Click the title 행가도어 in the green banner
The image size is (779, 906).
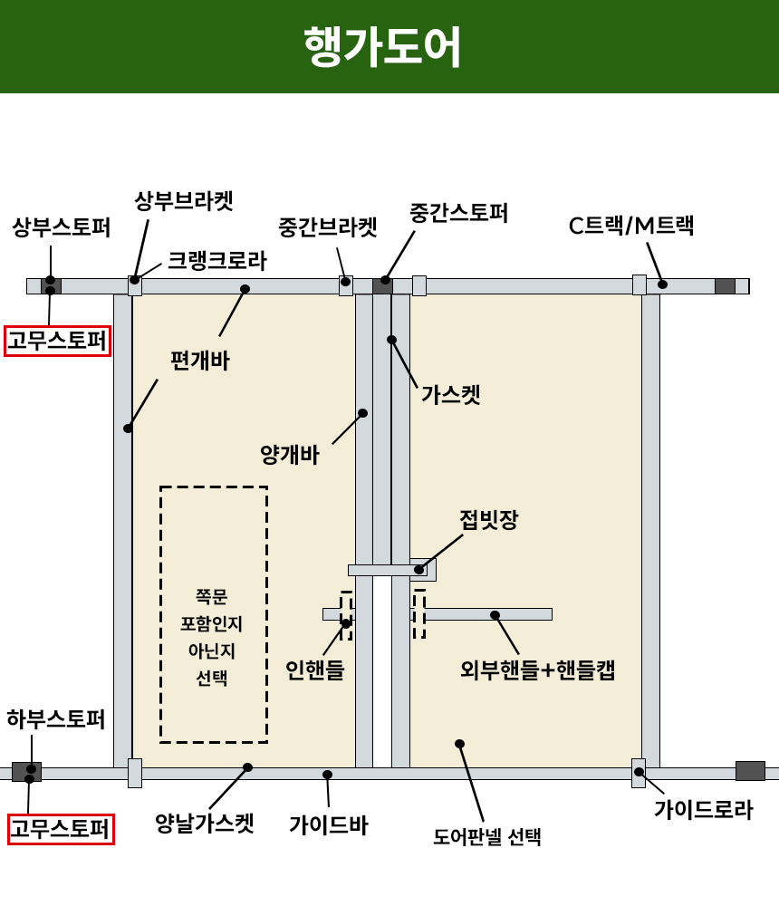382,46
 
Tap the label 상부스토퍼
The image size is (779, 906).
61,226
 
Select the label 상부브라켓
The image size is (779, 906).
183,200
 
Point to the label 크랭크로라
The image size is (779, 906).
216,261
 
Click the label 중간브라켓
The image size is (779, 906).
327,226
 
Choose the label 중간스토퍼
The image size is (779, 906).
458,213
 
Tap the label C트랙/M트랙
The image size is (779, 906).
630,226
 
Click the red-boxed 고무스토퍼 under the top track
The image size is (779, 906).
58,341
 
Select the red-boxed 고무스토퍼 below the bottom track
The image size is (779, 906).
61,828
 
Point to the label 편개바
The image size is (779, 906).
199,361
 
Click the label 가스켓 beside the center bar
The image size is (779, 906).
450,395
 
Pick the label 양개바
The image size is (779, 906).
289,455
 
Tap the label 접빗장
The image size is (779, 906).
488,520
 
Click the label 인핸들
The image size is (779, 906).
314,670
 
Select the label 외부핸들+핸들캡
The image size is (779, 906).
537,670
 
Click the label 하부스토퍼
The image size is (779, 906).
55,719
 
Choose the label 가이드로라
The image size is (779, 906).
703,809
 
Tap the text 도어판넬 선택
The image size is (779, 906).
486,836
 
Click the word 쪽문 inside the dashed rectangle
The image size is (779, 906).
212,596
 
